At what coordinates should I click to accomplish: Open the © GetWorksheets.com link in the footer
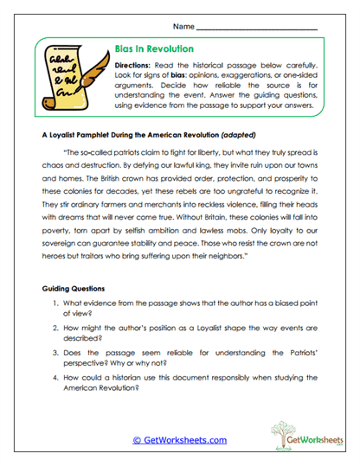click(x=179, y=439)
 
